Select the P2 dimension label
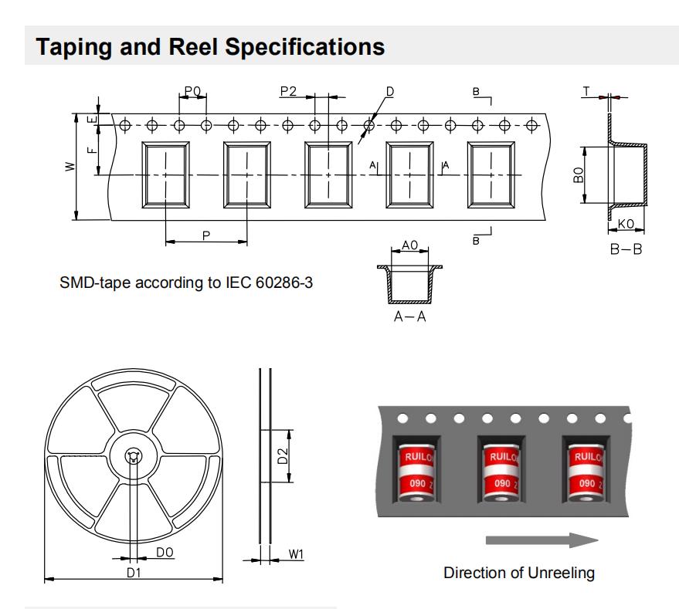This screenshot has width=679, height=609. pyautogui.click(x=288, y=91)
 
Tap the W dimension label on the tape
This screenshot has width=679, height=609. pyautogui.click(x=70, y=167)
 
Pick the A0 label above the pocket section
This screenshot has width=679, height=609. pyautogui.click(x=410, y=245)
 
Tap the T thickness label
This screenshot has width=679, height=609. pyautogui.click(x=586, y=91)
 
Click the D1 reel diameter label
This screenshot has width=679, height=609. pyautogui.click(x=134, y=571)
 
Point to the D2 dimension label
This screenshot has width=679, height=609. pyautogui.click(x=283, y=455)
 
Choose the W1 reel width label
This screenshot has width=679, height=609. pyautogui.click(x=296, y=554)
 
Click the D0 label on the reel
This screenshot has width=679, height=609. pyautogui.click(x=164, y=552)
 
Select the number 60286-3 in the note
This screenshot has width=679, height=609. pyautogui.click(x=282, y=283)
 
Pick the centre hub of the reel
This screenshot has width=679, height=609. pyautogui.click(x=134, y=456)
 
